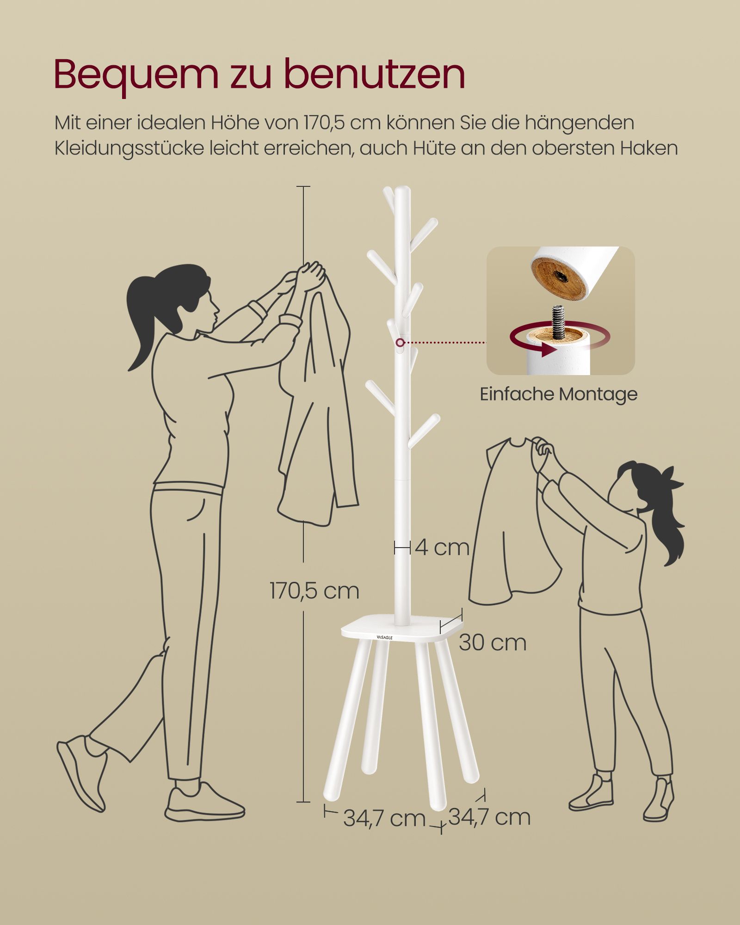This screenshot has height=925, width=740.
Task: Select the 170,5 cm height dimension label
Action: coord(314,591)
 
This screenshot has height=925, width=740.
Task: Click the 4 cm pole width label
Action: coord(442,548)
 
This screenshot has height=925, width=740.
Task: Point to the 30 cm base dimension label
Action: coord(493,643)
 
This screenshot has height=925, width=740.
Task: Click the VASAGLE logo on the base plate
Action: coord(384,637)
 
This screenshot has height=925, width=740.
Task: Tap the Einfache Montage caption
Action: coord(559,394)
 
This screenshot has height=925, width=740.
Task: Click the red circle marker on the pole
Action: coord(400,343)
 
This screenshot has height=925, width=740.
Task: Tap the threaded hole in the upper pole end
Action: coord(561,276)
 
